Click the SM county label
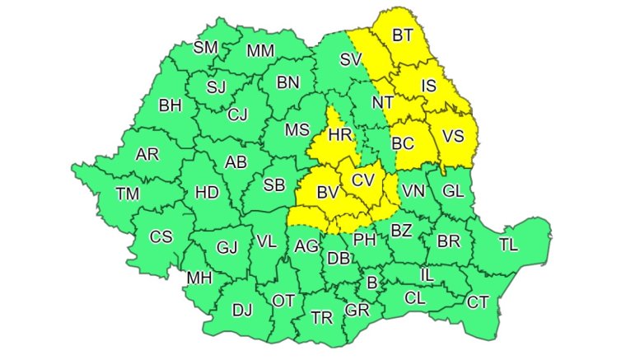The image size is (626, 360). click(x=206, y=47)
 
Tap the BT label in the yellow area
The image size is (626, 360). click(x=403, y=35)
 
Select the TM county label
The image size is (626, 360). click(x=128, y=194)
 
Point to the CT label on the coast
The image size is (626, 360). click(x=478, y=302)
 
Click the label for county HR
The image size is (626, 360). click(x=340, y=134)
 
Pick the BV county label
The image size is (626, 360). click(x=328, y=193)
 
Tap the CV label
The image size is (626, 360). click(x=363, y=180)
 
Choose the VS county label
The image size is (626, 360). click(x=452, y=137)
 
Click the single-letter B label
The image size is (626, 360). click(x=371, y=283)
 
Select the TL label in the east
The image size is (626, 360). click(x=509, y=244)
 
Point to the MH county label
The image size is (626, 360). click(x=199, y=278)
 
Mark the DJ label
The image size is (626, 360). click(x=242, y=310)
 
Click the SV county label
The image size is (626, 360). click(x=352, y=58)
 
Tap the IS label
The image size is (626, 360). click(x=428, y=85)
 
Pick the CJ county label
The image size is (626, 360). click(x=237, y=114)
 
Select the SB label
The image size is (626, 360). click(x=274, y=185)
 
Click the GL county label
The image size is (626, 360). click(x=453, y=190)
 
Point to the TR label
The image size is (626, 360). click(x=320, y=317)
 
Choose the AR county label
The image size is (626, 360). click(x=147, y=154)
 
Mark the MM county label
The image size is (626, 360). click(x=260, y=51)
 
